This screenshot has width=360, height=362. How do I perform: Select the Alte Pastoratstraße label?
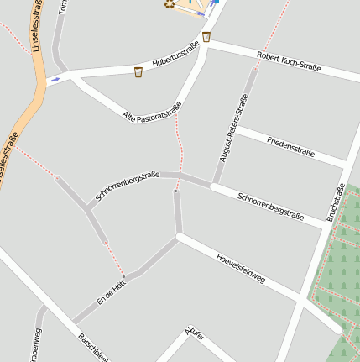point(152,108)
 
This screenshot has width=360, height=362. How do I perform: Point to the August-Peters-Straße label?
point(233,128)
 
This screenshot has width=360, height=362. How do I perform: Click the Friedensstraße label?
point(290,146)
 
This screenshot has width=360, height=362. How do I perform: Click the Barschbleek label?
point(93,349)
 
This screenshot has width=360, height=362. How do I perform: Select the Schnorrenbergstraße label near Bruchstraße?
point(270,205)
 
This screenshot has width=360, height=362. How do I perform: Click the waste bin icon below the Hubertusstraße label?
point(138,71)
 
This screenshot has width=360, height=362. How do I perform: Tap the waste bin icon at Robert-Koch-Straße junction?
point(206,37)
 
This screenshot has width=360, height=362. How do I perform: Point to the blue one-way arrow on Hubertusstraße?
point(55,80)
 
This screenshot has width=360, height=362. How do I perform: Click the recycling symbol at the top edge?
point(169,3)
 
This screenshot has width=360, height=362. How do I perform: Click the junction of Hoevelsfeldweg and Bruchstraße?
point(302,300)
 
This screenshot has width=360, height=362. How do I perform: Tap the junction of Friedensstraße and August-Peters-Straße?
point(234,129)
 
